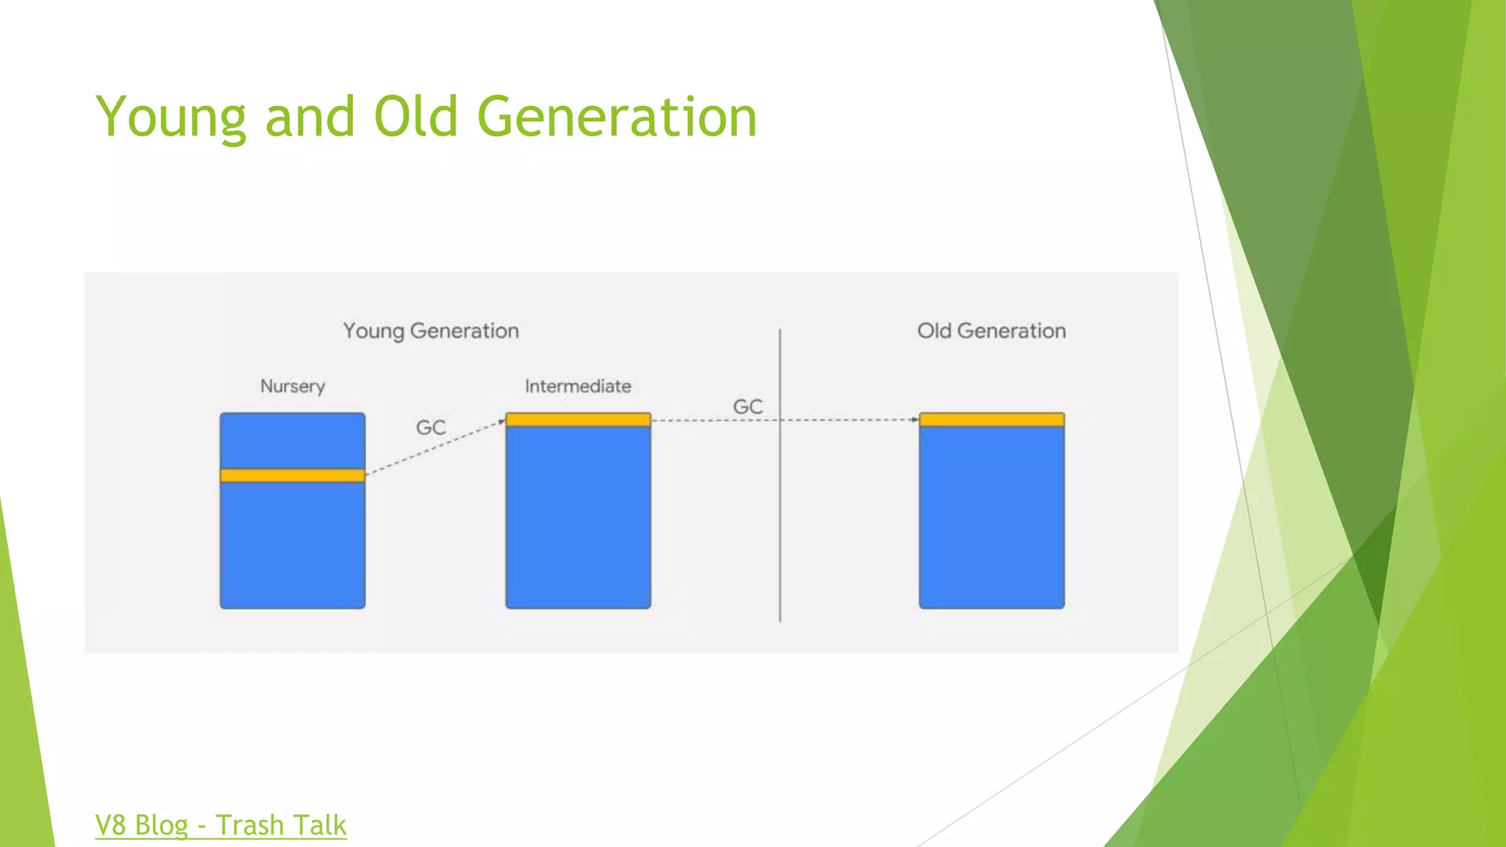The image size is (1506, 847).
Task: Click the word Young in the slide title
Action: (171, 118)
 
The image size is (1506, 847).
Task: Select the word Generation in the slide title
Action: (617, 118)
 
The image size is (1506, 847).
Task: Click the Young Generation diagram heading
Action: (431, 331)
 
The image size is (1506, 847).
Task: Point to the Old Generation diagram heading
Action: (991, 331)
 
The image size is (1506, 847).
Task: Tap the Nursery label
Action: (293, 386)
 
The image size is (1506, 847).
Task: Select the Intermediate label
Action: (578, 386)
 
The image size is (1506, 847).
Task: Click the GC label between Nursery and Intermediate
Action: (431, 427)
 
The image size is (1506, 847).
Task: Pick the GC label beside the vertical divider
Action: (748, 407)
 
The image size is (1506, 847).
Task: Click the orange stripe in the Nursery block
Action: (293, 476)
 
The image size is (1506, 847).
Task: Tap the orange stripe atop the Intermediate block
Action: (578, 420)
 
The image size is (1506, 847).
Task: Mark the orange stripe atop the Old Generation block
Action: (991, 420)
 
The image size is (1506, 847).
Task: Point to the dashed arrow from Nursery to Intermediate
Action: (434, 448)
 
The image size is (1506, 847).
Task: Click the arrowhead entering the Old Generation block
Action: (915, 420)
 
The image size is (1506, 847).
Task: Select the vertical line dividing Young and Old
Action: (780, 515)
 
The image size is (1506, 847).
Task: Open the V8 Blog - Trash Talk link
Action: (221, 825)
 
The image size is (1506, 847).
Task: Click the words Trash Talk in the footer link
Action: (281, 825)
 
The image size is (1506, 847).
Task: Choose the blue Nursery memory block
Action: (293, 544)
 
